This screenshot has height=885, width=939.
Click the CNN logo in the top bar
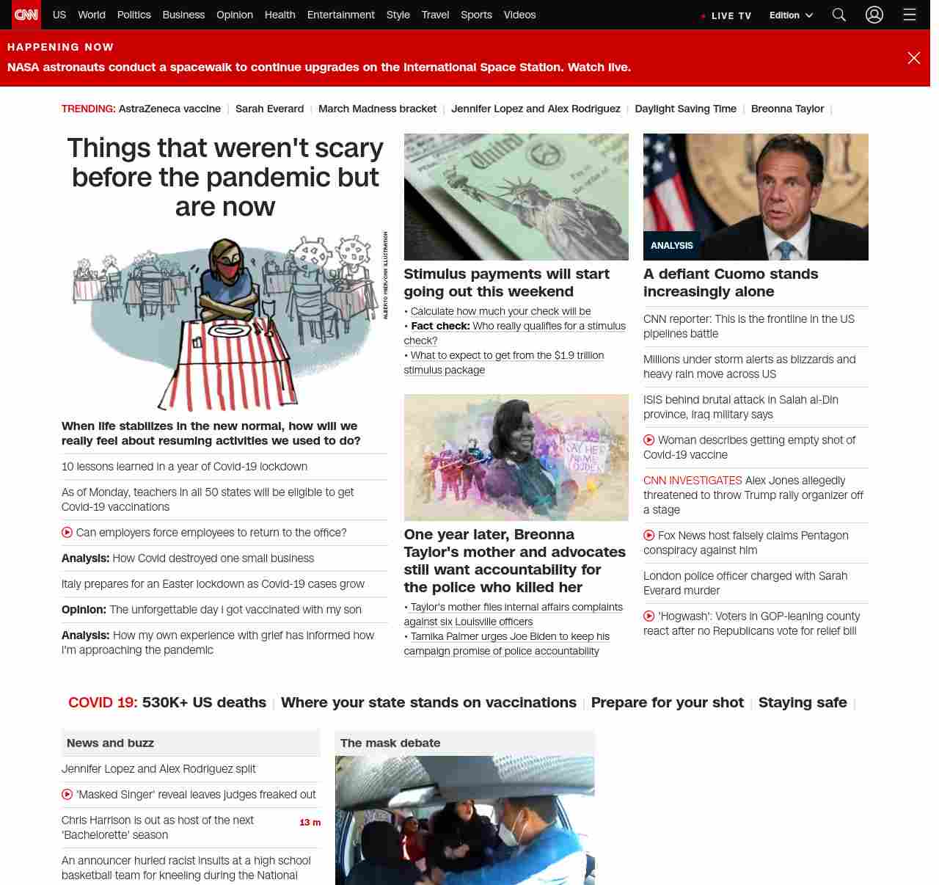(x=26, y=15)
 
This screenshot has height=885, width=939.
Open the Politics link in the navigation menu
(x=134, y=15)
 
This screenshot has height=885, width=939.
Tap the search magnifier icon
(x=839, y=15)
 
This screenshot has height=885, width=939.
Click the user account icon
(x=874, y=15)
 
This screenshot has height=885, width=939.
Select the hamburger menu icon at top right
(x=910, y=15)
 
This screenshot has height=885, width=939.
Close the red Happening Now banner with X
(x=913, y=58)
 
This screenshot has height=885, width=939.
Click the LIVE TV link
(x=731, y=15)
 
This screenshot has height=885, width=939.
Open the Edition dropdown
(x=791, y=15)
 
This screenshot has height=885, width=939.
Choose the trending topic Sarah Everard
(x=269, y=109)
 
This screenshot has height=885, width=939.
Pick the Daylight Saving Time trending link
(x=685, y=109)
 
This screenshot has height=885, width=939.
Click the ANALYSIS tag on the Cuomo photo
(x=671, y=246)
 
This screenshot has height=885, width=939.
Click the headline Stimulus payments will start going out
(x=506, y=283)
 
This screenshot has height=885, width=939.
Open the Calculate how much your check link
(x=500, y=311)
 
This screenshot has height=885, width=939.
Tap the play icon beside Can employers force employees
(x=67, y=533)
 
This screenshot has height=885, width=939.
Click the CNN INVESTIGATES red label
(x=693, y=481)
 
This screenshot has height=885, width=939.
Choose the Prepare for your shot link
(x=667, y=702)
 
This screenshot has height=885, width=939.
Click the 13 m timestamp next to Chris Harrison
(x=310, y=823)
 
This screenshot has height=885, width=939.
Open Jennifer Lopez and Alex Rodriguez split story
(x=158, y=769)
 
